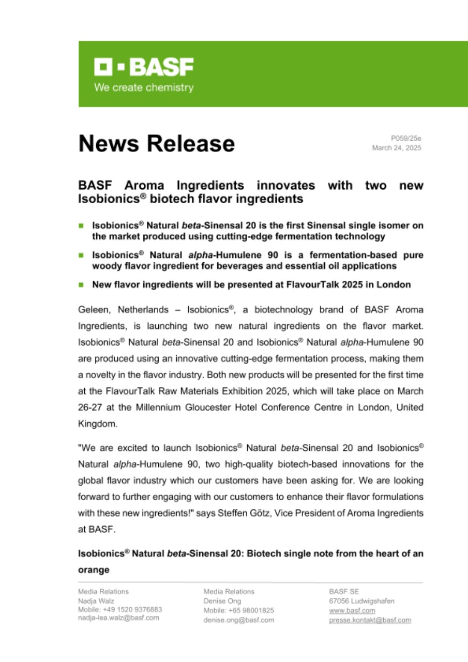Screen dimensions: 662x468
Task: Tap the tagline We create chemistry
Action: (x=143, y=87)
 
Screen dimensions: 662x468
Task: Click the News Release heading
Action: (x=156, y=143)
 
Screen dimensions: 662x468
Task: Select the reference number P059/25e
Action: (x=406, y=138)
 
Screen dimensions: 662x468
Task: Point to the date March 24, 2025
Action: (x=397, y=148)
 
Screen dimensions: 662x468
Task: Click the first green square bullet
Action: (x=81, y=226)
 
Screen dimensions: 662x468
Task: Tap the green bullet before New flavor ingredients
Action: (x=81, y=284)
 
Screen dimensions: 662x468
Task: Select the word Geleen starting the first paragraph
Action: (x=95, y=310)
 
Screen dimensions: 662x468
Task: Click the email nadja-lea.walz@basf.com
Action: (x=118, y=618)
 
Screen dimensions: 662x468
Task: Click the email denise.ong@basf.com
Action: (x=239, y=619)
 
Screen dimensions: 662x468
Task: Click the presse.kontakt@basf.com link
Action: (x=370, y=620)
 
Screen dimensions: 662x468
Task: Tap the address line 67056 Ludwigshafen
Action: (x=362, y=601)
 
